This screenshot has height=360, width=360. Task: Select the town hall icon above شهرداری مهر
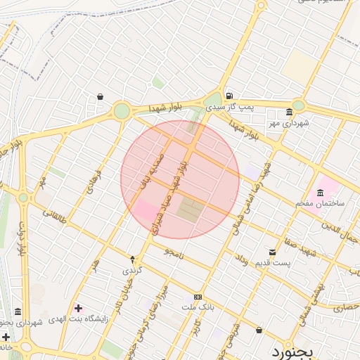[289, 112]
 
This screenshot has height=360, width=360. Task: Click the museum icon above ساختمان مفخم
[321, 193]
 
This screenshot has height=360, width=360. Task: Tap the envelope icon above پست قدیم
[272, 252]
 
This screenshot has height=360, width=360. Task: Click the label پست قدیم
[271, 262]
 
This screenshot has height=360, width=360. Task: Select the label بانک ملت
[197, 307]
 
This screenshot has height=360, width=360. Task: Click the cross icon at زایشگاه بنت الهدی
[77, 308]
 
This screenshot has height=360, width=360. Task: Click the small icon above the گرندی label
[132, 259]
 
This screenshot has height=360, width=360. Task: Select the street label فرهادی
[94, 181]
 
